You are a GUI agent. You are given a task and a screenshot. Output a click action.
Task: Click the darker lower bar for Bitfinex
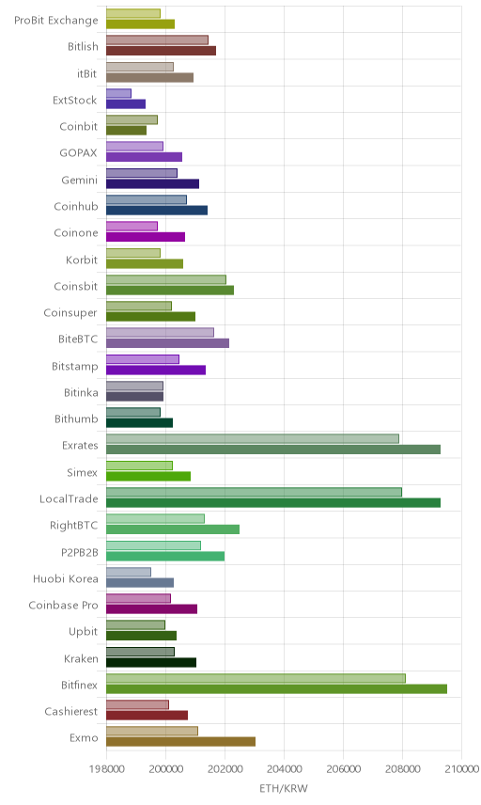click(276, 689)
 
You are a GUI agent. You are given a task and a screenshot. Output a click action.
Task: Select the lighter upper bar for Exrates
click(253, 439)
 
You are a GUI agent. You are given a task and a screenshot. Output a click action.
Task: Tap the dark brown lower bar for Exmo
click(180, 742)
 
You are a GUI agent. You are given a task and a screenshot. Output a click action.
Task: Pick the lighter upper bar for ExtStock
click(118, 93)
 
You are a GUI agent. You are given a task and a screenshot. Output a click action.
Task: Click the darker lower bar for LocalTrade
click(273, 502)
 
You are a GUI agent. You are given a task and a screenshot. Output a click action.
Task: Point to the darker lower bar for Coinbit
click(126, 131)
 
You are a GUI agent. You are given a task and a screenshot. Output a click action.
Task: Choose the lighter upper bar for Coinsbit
click(166, 279)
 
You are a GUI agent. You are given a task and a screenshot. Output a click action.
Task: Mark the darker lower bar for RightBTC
click(173, 529)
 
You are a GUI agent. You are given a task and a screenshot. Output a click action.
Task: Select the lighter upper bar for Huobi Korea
click(129, 572)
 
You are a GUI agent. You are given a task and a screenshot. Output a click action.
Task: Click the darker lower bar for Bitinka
click(135, 396)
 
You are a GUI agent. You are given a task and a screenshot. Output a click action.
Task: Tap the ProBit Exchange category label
click(55, 21)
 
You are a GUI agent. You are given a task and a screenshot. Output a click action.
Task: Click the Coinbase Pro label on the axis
click(63, 606)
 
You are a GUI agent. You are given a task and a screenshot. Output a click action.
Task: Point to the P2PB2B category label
click(79, 552)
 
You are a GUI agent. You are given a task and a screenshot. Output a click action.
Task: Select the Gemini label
click(80, 181)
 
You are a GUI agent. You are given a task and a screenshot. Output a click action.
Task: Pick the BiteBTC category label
click(78, 339)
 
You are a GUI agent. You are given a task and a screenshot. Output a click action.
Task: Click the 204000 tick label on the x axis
click(284, 769)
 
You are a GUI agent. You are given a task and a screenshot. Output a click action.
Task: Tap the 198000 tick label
click(107, 769)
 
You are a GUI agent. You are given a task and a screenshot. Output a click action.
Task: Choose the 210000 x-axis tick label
click(460, 769)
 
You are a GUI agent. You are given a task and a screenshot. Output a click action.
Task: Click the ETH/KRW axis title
click(284, 789)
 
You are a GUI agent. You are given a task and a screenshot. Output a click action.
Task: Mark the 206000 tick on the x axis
click(343, 769)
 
